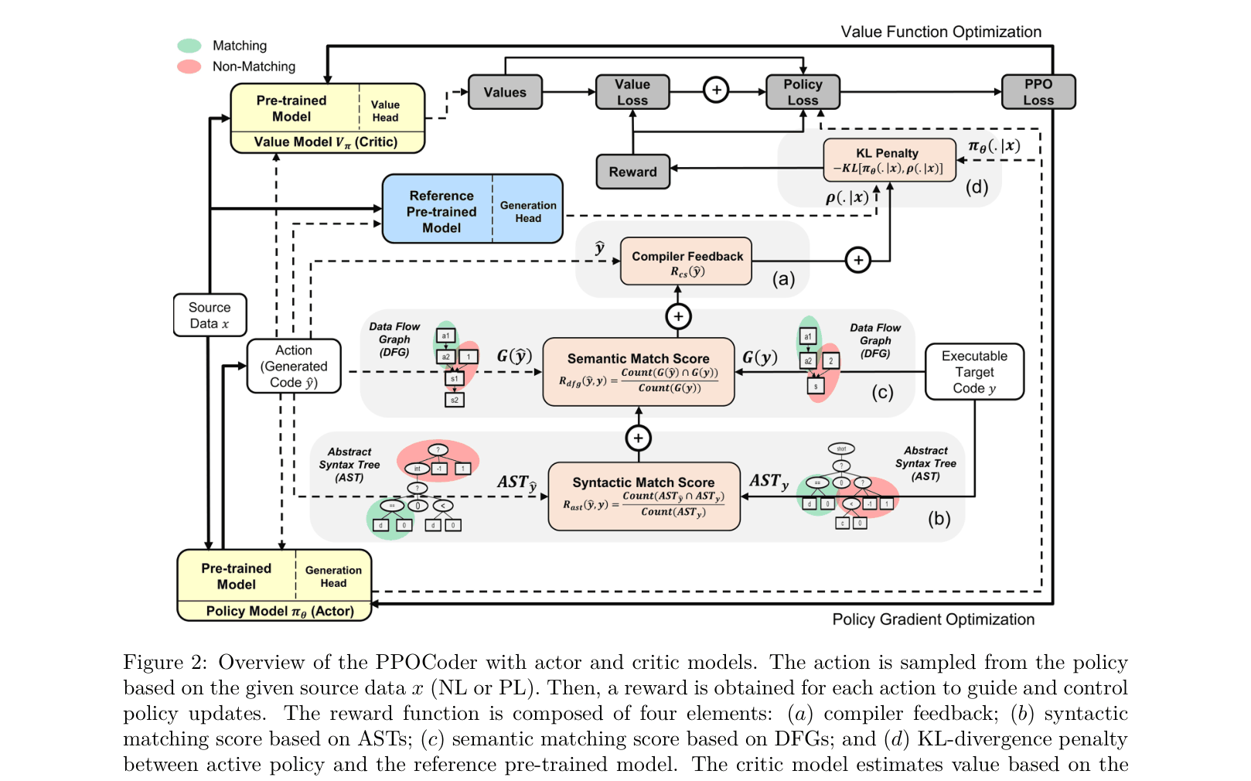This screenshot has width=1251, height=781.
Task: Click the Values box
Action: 505,92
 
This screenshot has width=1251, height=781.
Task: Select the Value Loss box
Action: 632,92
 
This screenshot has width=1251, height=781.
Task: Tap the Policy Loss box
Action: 803,92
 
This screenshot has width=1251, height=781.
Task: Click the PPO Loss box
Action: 1038,92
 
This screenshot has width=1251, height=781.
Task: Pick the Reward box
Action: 632,172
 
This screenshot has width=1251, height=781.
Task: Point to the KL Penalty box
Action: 888,161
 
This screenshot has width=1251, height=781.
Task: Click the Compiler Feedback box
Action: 687,262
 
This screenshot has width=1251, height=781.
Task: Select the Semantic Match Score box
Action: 639,372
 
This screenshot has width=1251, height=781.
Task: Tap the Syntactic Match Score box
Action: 644,496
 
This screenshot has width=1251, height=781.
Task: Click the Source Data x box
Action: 210,315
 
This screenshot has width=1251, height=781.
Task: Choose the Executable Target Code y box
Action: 974,372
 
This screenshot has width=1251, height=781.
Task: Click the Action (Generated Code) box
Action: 294,367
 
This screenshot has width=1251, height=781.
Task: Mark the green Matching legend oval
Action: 189,46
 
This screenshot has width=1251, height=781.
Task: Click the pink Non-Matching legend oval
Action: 189,67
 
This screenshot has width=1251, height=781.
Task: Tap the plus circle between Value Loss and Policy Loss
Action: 717,90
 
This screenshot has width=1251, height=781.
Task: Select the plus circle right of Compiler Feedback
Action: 858,261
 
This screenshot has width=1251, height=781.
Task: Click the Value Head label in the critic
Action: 385,111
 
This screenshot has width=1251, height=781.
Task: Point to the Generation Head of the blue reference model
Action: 528,211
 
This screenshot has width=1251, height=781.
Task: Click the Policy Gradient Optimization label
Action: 933,619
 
